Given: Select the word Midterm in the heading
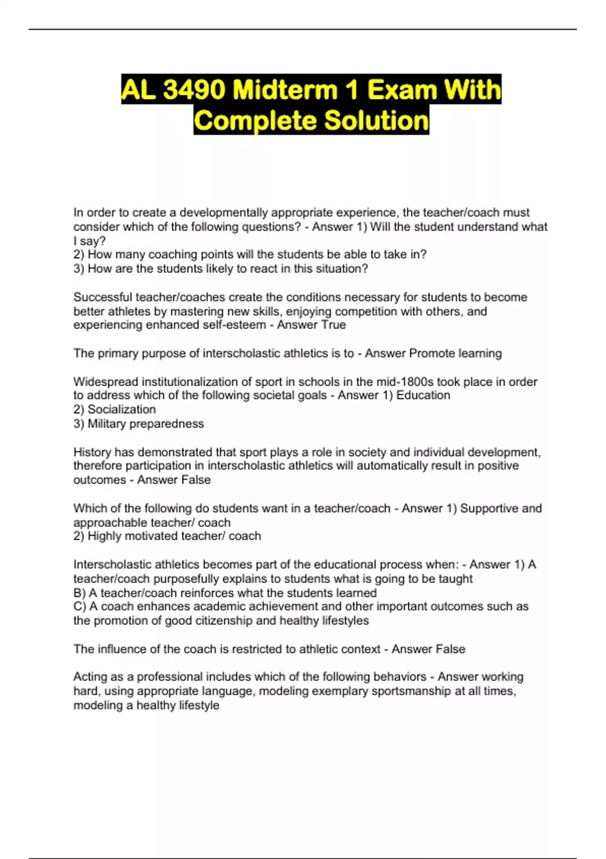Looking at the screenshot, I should [285, 90].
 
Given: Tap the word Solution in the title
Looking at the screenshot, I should [376, 121].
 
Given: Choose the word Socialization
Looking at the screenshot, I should [122, 409].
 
